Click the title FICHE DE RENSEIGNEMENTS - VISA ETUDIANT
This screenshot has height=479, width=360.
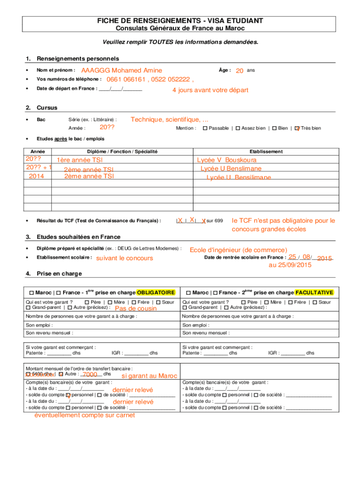(x=180, y=21)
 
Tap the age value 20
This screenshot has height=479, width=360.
(x=239, y=70)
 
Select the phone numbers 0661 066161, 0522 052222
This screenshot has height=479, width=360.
(x=150, y=79)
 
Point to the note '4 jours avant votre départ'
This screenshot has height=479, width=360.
(x=210, y=90)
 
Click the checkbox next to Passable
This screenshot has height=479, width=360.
(x=205, y=128)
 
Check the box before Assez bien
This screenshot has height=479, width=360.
(x=238, y=128)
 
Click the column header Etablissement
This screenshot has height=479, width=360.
(x=266, y=152)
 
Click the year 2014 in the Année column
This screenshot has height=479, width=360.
(x=36, y=176)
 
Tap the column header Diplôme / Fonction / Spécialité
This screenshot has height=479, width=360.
(x=122, y=152)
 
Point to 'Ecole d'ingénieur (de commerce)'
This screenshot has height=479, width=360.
(x=238, y=250)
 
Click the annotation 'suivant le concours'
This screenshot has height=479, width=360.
(x=124, y=258)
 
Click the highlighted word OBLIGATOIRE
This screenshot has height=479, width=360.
(x=156, y=292)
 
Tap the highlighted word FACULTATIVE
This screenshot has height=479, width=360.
(x=314, y=292)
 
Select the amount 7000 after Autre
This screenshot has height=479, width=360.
(x=89, y=375)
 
